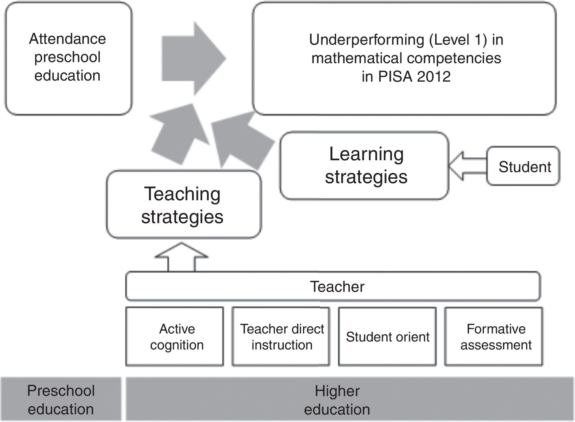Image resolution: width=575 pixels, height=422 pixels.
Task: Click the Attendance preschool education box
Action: (68, 58)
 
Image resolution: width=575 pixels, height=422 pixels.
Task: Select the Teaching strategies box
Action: (184, 205)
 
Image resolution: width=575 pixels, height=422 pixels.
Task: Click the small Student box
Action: (523, 166)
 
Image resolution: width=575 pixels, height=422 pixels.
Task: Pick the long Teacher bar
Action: (333, 286)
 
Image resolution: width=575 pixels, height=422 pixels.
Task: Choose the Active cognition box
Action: (174, 336)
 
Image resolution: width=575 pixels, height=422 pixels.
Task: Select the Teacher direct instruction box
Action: (281, 336)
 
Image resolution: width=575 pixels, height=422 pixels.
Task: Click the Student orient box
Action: (387, 336)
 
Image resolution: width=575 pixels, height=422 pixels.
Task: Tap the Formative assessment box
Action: (494, 336)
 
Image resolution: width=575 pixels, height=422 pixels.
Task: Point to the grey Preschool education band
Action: (61, 399)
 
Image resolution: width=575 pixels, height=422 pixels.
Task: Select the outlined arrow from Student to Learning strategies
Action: (467, 166)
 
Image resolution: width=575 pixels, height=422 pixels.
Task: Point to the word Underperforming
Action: (366, 40)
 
